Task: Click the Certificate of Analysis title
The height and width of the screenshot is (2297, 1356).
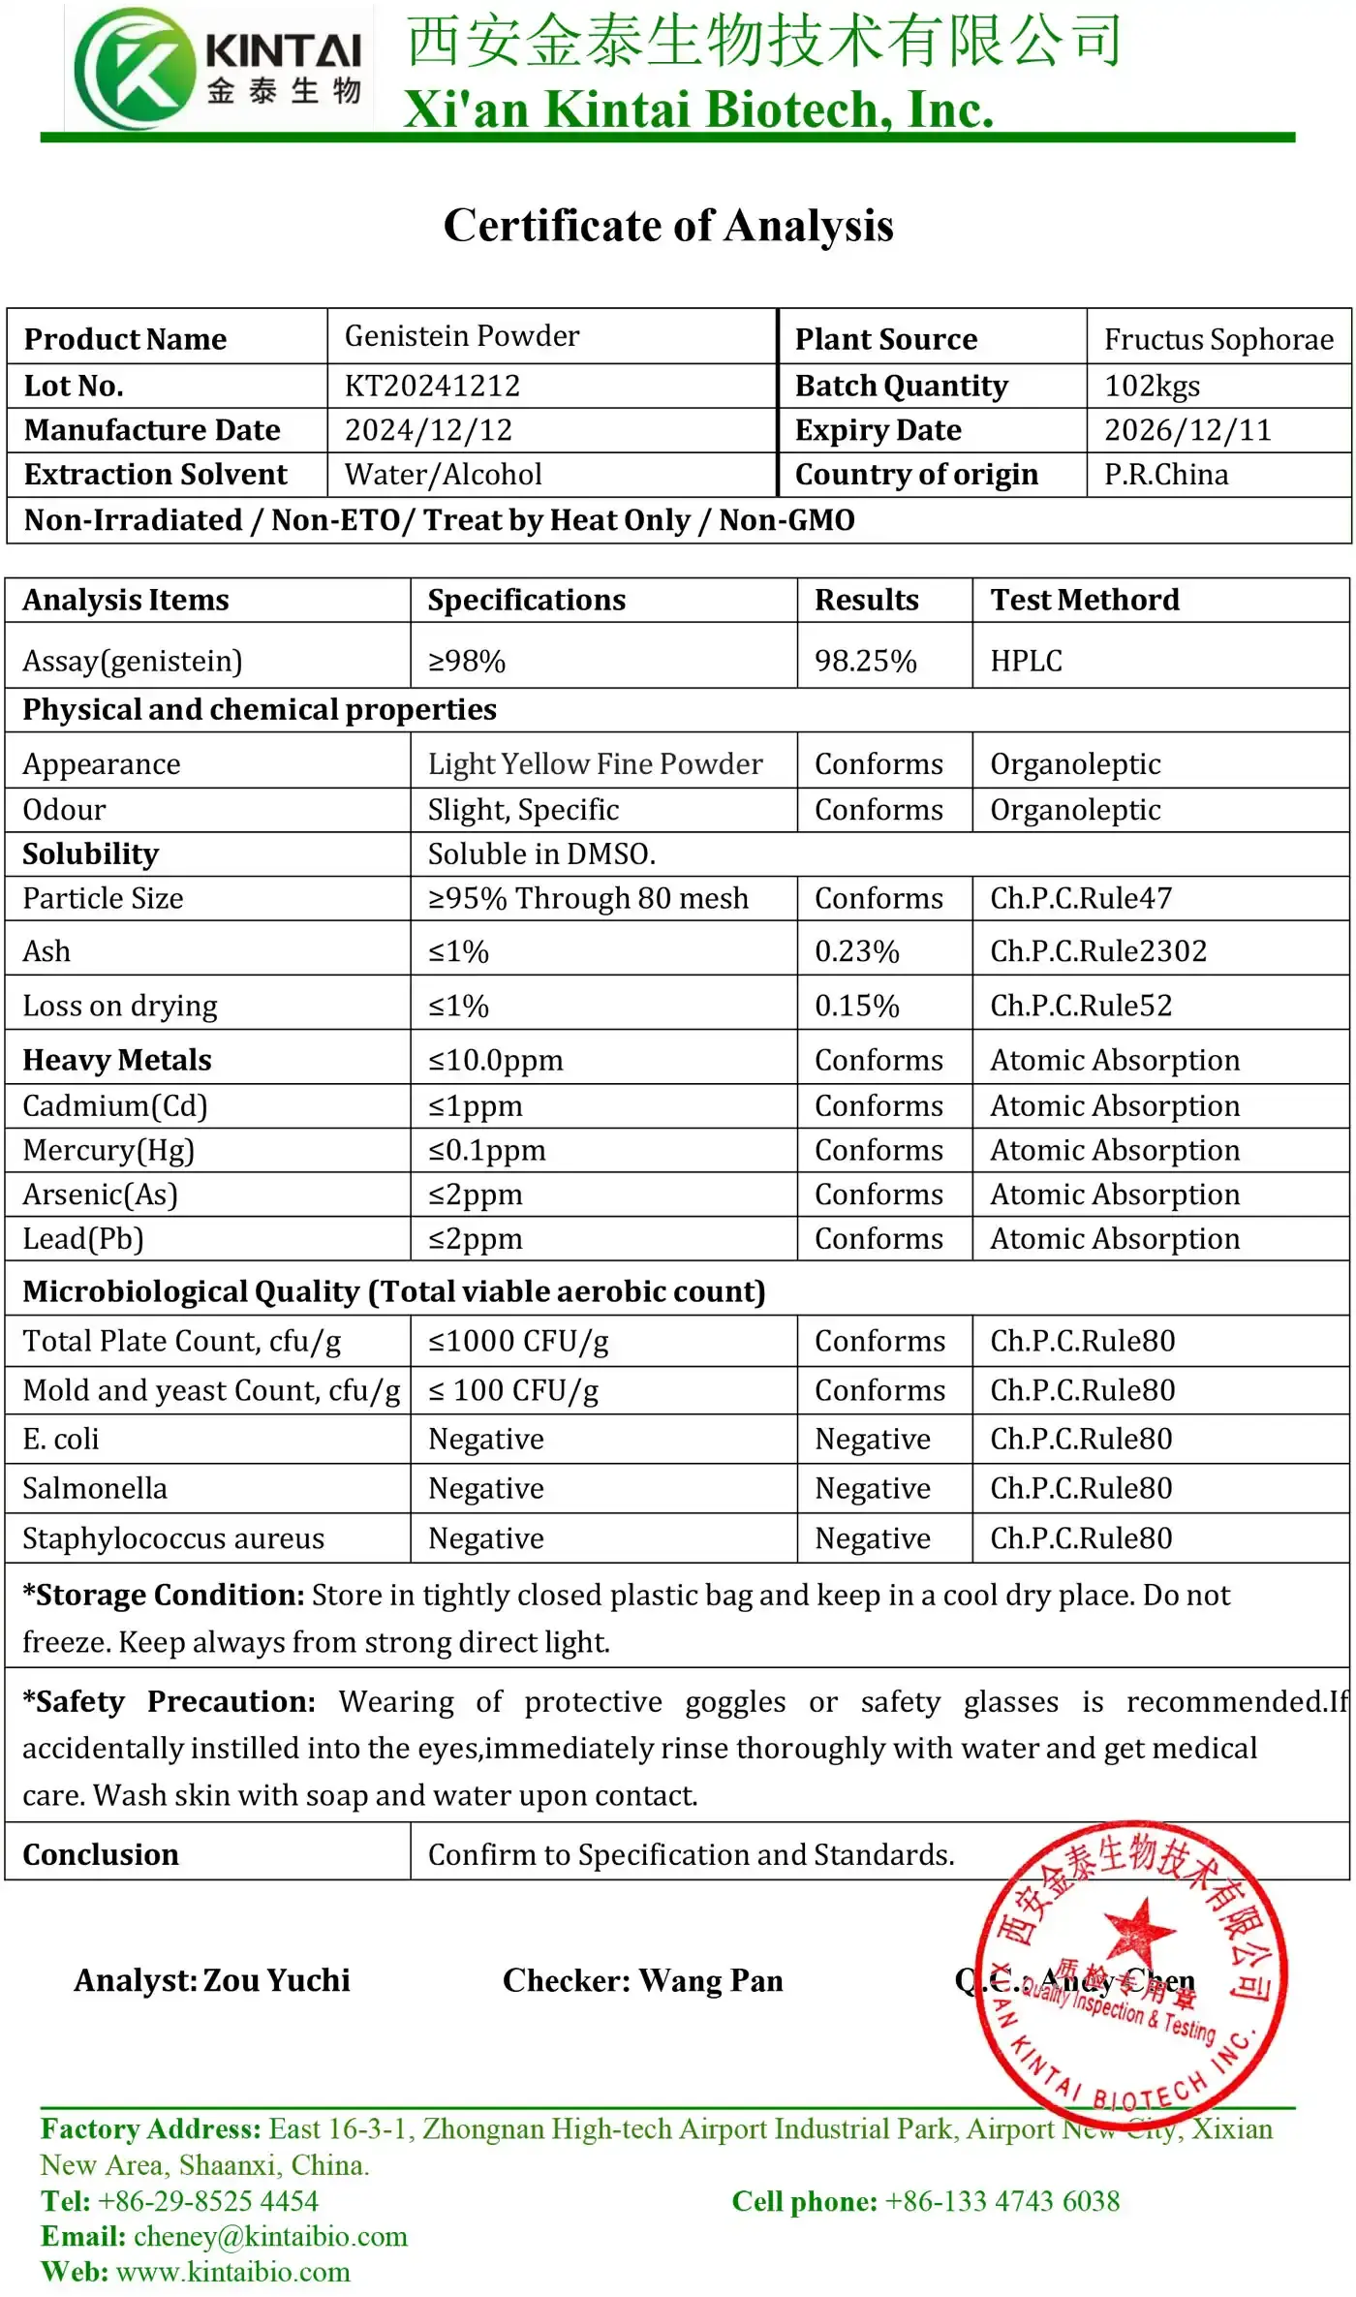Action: click(668, 226)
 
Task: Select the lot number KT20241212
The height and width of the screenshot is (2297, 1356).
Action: click(432, 386)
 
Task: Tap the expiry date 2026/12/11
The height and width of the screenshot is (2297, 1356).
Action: click(1187, 430)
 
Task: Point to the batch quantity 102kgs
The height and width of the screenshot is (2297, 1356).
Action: click(1152, 386)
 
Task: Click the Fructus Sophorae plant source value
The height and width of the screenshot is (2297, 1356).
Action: click(1218, 339)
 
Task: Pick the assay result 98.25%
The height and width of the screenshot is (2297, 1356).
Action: click(865, 661)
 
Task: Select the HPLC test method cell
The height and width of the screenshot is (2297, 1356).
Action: click(1026, 661)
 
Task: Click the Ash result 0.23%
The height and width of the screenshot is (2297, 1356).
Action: click(856, 951)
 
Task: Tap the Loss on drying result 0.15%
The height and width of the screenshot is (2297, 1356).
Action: click(856, 1006)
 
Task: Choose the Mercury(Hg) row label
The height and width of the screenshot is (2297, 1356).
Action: click(108, 1150)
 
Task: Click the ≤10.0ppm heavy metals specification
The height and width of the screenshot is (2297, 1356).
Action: click(495, 1060)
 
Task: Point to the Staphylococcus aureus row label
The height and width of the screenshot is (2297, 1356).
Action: click(173, 1538)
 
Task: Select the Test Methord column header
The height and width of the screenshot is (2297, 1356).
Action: click(1085, 600)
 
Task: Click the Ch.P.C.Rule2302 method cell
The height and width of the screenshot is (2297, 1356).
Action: click(1098, 951)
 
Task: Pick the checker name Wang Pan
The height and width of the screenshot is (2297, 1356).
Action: click(711, 1980)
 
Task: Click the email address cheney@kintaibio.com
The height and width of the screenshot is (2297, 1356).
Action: click(270, 2236)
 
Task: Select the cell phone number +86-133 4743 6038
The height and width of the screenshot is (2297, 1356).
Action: click(1002, 2201)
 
